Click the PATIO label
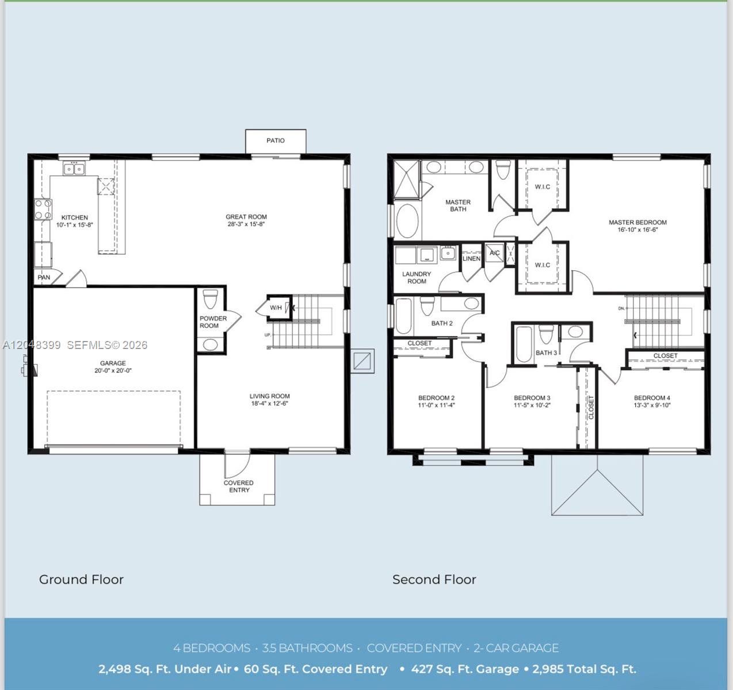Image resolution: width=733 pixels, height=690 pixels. click(x=276, y=140)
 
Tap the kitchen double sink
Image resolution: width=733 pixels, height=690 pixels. click(x=74, y=169)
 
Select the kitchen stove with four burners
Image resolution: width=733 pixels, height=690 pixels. click(x=43, y=209)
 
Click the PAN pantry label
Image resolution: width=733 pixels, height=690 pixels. click(x=44, y=277)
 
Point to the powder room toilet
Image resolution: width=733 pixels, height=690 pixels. click(x=211, y=299)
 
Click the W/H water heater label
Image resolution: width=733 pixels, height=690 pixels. click(x=276, y=308)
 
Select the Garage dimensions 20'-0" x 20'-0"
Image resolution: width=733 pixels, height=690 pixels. click(x=113, y=370)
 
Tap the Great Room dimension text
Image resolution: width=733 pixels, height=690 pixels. click(x=246, y=224)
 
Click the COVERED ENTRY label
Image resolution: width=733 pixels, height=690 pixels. click(x=239, y=486)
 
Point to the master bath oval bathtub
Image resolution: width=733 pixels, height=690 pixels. click(x=407, y=221)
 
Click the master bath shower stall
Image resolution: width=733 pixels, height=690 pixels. click(x=407, y=179)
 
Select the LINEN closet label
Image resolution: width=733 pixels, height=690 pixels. click(x=471, y=259)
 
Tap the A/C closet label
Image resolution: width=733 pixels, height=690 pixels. click(x=495, y=253)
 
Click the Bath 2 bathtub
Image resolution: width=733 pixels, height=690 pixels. click(x=403, y=316)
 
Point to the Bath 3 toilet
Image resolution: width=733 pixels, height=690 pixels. click(x=546, y=335)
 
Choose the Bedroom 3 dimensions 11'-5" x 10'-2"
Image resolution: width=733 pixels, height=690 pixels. click(x=532, y=405)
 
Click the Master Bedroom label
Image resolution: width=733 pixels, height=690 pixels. click(x=637, y=223)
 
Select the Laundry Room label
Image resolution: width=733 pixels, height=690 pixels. click(x=417, y=278)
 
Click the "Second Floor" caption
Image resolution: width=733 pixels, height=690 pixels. click(x=434, y=579)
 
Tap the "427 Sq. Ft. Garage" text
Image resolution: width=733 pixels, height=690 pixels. click(x=465, y=669)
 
